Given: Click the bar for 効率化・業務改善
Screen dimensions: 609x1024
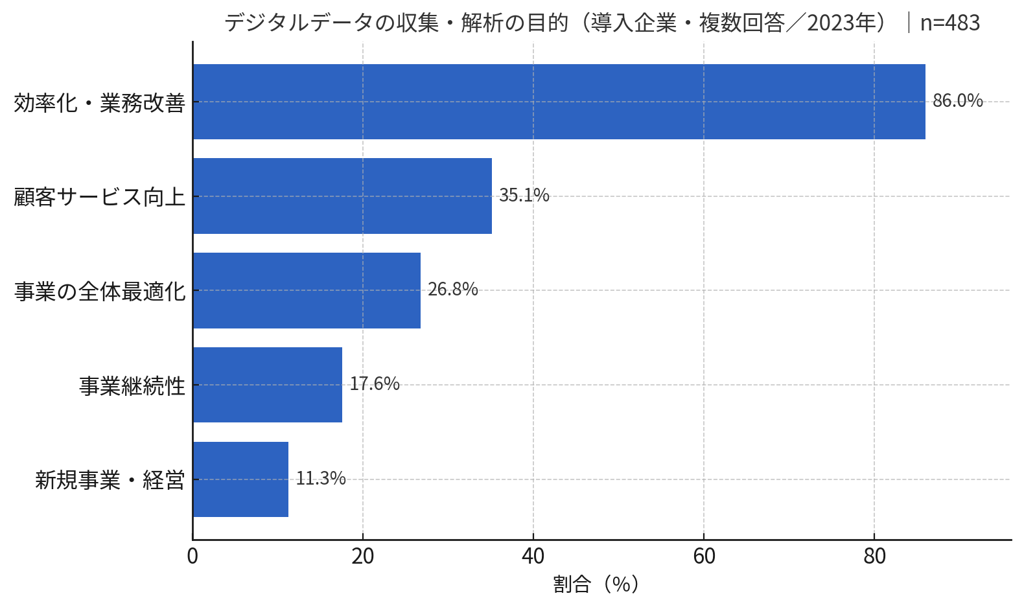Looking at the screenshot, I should coord(559,102).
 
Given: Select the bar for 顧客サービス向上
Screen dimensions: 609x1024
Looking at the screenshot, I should coord(342,196).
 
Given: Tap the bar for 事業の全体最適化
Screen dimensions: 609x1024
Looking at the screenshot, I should coord(307,290).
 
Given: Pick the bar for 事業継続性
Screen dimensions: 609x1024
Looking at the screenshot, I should coord(267,385).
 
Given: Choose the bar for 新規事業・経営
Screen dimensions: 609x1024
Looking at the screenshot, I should coord(240,479).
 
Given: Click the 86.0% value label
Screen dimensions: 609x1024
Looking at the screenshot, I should coord(957,101).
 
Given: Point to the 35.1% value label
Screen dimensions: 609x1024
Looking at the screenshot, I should coord(524,195).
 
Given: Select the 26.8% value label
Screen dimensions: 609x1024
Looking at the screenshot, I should coord(452,290).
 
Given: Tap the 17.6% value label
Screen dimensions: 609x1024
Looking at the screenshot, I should coord(375,384).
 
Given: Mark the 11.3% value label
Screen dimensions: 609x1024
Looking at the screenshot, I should coord(321,479).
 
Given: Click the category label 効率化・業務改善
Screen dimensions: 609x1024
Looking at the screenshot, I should coord(100,103).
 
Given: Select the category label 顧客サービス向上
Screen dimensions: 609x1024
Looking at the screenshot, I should coord(100,197).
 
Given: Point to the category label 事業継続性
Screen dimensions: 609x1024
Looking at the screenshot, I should coord(132,386).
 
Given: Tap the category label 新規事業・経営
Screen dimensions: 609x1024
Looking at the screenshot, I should coord(110,481).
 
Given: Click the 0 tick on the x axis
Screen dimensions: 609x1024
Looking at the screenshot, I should coord(192,557).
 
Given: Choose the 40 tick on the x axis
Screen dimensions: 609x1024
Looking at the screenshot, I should coord(533,557).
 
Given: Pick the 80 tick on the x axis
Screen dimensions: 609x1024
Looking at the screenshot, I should coord(874,557).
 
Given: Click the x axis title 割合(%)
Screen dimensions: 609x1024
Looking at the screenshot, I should coord(596,584).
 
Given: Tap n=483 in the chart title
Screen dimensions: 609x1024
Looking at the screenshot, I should coord(949,23).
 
